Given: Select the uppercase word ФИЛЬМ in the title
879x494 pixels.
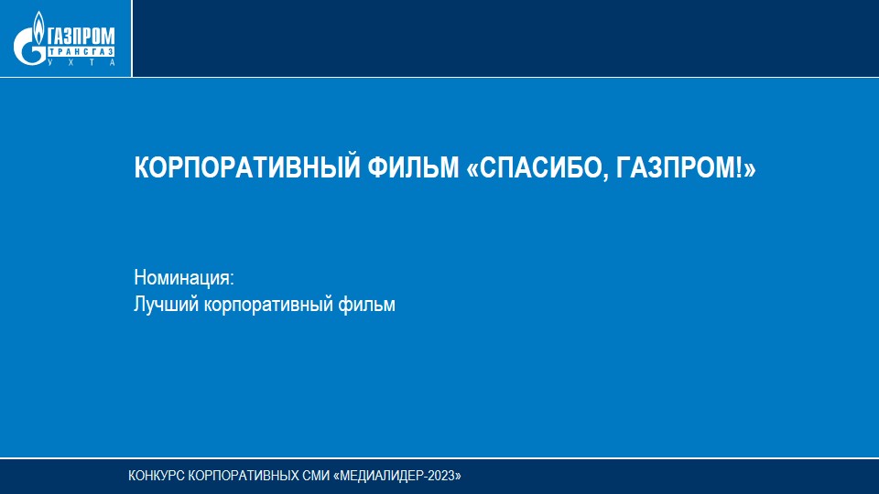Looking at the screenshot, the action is click(x=413, y=166).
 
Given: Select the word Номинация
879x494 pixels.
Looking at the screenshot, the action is click(x=181, y=278).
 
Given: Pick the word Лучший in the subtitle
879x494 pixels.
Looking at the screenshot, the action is click(x=167, y=304).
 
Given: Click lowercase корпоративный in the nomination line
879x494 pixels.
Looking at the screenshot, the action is click(x=268, y=306).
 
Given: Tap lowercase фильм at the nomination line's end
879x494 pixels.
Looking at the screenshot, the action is click(x=366, y=304).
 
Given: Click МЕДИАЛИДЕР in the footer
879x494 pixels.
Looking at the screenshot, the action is click(x=383, y=476).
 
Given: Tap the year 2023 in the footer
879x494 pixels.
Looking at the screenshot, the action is click(x=442, y=476).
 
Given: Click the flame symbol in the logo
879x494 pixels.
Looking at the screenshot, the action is click(x=38, y=27).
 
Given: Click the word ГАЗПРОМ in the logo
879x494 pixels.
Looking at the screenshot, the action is click(x=81, y=37).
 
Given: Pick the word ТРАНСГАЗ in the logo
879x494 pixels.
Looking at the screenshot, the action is click(x=81, y=52).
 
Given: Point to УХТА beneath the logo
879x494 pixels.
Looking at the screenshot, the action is click(x=81, y=62).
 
